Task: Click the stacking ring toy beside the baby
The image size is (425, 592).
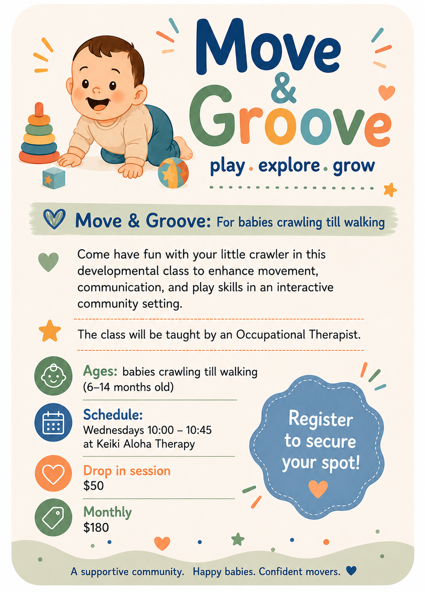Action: (x=39, y=134)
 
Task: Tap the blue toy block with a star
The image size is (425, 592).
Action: (x=54, y=178)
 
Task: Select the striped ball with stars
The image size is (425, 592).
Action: (x=173, y=173)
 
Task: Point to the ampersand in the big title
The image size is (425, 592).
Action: (x=283, y=88)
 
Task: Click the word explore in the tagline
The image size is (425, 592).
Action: (x=289, y=166)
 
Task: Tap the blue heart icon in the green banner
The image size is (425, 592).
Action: (x=54, y=219)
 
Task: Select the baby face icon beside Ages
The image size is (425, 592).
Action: (x=53, y=376)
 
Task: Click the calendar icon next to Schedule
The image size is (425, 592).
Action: (x=53, y=423)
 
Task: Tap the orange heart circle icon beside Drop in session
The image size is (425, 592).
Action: (x=53, y=473)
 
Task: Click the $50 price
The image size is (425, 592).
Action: (x=94, y=486)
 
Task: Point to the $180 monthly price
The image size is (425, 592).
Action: (x=96, y=528)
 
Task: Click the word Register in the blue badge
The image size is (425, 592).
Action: (x=321, y=419)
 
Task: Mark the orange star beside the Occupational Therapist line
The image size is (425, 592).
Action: (x=50, y=331)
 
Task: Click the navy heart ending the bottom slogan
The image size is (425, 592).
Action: (x=351, y=570)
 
